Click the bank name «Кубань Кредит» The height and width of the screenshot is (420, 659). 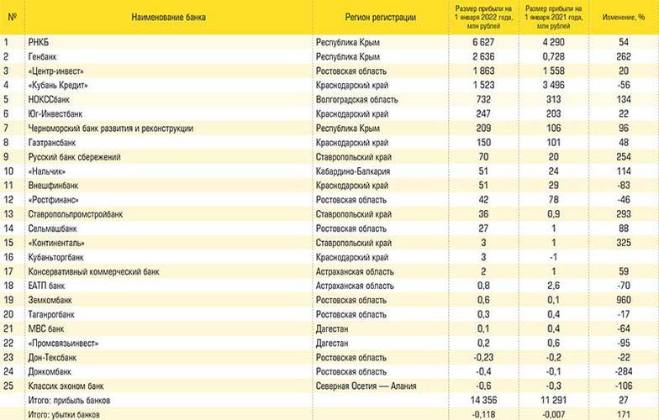[x=59, y=85]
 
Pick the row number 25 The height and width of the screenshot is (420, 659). [x=9, y=386]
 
